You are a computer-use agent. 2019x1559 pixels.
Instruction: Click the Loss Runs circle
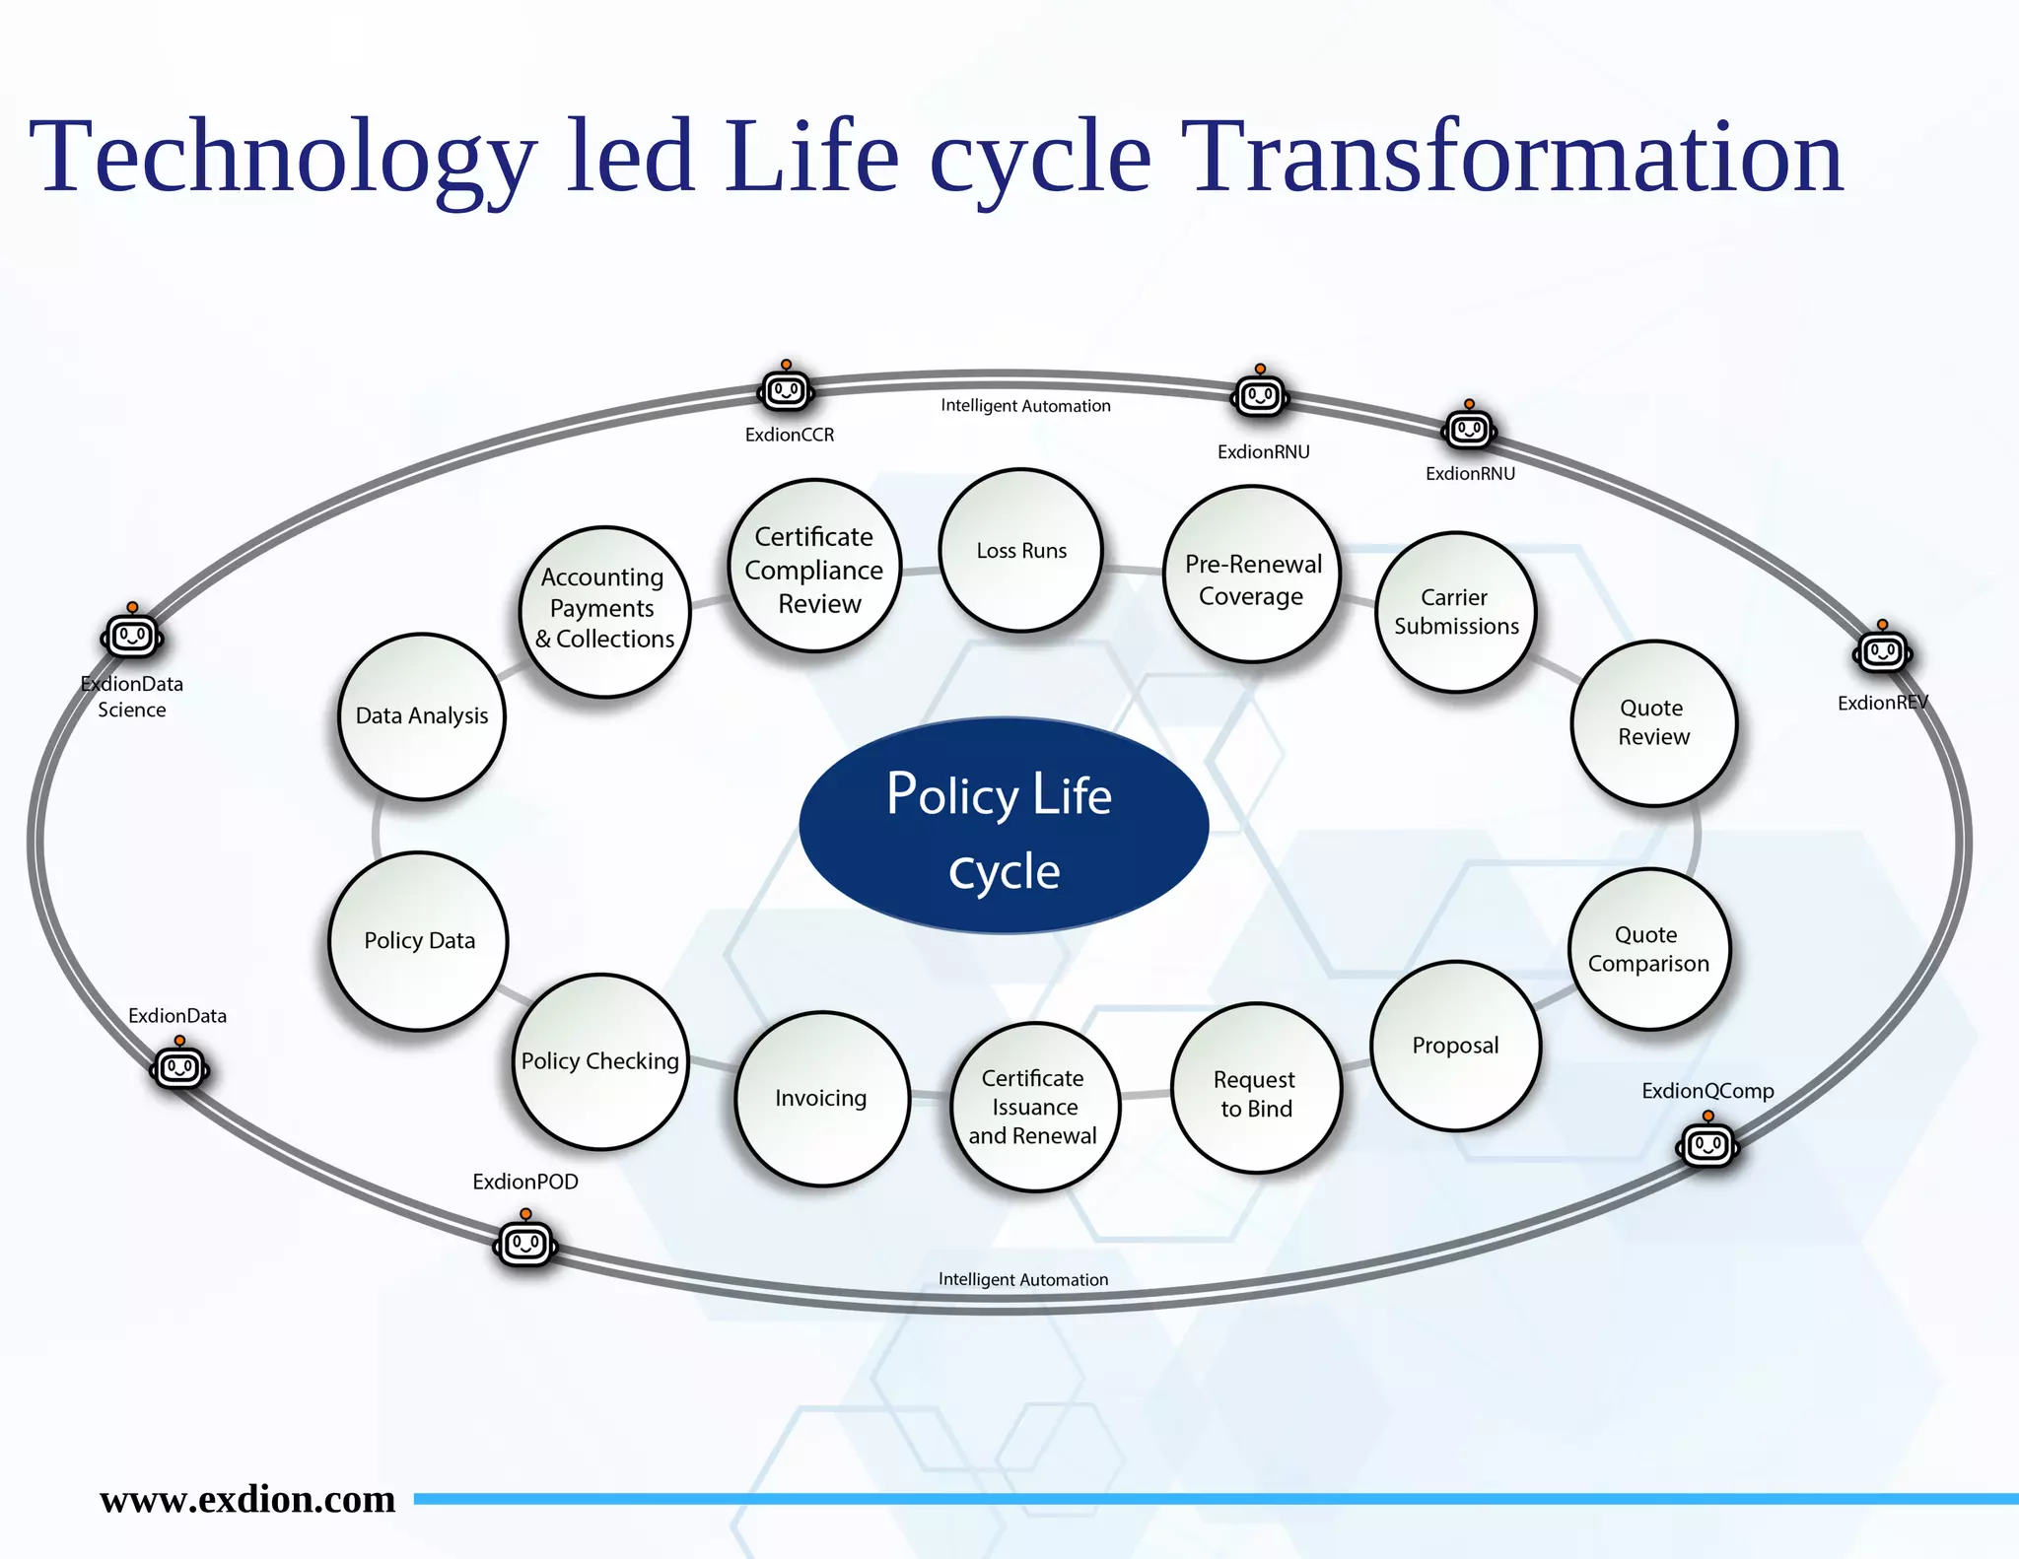1020,550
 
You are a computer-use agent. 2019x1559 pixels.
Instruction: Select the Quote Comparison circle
1648,949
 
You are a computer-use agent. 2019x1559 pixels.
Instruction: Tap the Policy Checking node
599,1061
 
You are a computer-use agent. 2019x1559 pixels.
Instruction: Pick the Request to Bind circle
1256,1089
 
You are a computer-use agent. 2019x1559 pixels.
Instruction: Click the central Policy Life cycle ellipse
1003,826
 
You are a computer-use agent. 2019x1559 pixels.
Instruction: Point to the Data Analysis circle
422,716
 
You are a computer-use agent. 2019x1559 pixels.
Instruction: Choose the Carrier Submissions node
1455,612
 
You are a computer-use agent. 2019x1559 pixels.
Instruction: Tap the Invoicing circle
821,1098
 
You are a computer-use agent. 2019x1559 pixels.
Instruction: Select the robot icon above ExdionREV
1882,650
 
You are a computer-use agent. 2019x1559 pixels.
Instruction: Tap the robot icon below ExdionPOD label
525,1244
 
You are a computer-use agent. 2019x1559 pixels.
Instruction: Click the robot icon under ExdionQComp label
1708,1144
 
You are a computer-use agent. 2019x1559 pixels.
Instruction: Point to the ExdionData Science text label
132,697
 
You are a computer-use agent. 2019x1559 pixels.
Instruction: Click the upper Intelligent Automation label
1025,406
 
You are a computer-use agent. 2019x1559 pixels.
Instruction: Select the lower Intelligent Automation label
1022,1279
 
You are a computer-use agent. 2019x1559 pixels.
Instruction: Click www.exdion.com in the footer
247,1499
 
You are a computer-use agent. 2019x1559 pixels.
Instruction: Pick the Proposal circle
1455,1046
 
